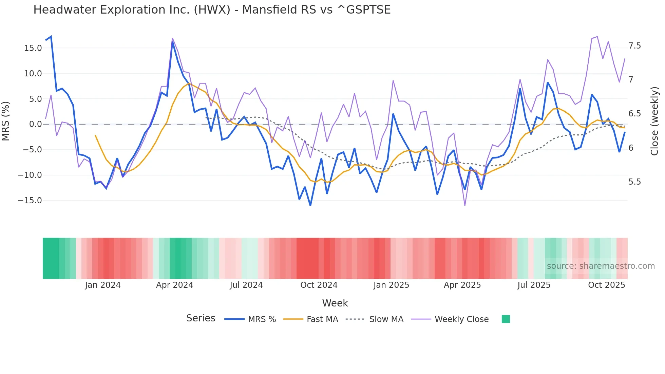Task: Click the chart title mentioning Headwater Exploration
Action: coord(212,10)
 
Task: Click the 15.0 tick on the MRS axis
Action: coord(33,48)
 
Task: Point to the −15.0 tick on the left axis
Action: coord(30,201)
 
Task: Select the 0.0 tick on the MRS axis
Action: coord(35,124)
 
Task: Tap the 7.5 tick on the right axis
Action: coord(634,46)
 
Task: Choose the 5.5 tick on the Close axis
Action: coord(634,182)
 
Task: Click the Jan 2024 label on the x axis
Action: coord(102,285)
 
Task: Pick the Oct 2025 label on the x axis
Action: coord(606,285)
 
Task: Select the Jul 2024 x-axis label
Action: coord(246,285)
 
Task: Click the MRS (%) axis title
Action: coord(6,121)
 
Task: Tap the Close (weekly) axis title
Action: coord(654,121)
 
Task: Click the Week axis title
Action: coord(335,303)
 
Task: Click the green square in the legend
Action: coord(506,319)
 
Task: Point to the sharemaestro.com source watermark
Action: coord(601,266)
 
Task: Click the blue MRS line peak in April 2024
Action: coord(172,42)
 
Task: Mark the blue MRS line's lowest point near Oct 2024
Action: coord(310,205)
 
